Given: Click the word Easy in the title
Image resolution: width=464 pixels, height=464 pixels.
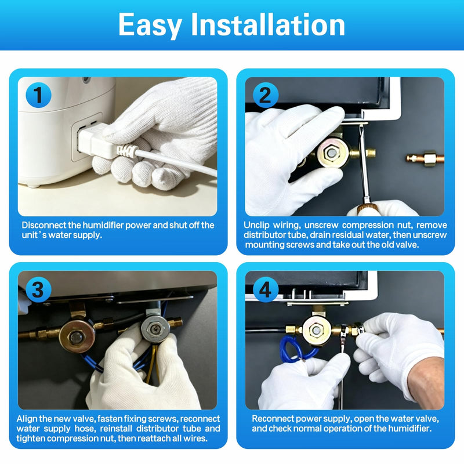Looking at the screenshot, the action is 150,26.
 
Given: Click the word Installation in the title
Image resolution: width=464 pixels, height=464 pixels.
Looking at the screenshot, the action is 268,24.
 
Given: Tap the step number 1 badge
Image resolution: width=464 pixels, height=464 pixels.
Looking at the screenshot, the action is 38,95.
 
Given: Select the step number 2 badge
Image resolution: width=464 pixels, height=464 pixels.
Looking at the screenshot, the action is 266,95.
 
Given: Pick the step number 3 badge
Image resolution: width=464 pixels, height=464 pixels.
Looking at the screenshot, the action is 38,289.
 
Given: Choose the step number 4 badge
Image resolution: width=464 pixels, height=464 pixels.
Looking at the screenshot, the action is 266,289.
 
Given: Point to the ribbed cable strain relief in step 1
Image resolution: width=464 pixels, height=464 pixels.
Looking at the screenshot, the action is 126,151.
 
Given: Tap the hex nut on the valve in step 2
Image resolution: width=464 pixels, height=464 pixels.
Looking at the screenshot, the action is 331,153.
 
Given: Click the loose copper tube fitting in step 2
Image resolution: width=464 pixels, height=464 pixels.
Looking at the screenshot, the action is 425,158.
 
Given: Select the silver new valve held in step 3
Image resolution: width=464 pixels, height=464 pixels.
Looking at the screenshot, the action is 155,328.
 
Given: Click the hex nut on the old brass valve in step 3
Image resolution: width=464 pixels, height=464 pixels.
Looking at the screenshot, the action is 77,337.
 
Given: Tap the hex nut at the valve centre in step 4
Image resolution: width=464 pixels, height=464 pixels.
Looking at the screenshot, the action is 316,329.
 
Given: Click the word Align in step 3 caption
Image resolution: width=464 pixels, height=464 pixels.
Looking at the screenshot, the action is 27,419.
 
